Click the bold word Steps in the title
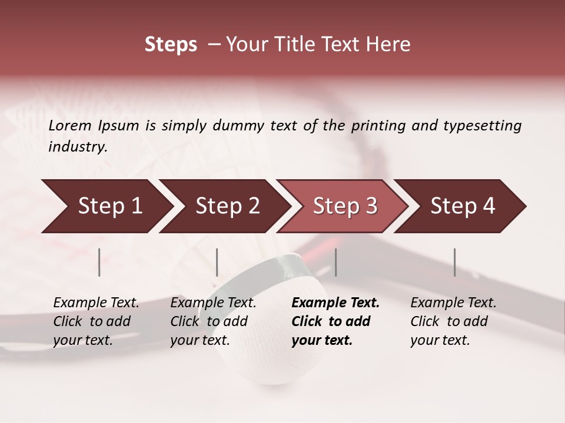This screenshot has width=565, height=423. point(171,45)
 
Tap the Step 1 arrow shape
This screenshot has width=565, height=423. point(106,206)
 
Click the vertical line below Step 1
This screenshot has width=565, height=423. point(99,262)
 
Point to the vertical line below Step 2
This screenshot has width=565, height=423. point(217,262)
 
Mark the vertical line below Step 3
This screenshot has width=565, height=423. point(335,262)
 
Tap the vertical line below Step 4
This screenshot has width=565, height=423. point(454,262)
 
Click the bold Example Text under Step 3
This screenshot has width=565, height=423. point(335,303)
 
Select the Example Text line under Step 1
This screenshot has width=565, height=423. point(96,303)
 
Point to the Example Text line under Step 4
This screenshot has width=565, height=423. point(453,303)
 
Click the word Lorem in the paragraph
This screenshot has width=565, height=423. point(70,126)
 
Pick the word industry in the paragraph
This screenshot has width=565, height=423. point(77,147)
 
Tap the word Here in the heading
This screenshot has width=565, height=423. point(389,45)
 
